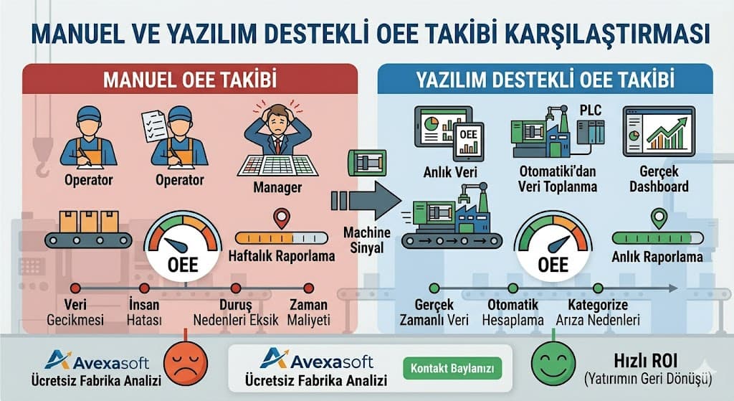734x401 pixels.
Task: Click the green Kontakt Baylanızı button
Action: pos(452,369)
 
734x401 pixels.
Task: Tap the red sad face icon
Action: pos(186,364)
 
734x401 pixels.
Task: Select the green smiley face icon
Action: pos(553,364)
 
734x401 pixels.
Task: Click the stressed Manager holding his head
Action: pos(277,140)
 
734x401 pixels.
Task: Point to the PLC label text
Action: pos(591,110)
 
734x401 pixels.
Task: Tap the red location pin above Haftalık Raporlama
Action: pos(282,218)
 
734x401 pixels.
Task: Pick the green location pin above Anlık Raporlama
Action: pos(659,218)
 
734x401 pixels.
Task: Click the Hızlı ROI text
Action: pos(646,361)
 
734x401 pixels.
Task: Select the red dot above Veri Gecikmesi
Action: pos(75,288)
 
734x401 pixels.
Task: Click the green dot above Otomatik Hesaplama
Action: pos(513,288)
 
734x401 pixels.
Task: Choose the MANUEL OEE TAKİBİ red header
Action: pos(190,79)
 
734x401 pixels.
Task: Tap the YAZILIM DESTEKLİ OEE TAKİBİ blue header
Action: pos(545,79)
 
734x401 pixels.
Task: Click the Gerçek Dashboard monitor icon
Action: pos(659,132)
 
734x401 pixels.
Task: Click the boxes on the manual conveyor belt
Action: pos(88,221)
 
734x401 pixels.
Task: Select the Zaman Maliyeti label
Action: pos(308,313)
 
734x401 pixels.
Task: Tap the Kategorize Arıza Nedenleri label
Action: pos(598,313)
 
